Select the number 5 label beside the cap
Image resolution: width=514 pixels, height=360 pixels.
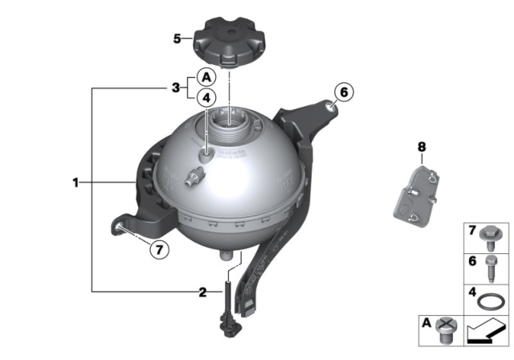177,37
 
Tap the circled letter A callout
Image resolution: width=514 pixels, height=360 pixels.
206,78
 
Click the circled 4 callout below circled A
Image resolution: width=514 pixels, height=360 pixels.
206,98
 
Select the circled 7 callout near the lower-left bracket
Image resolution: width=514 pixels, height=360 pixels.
159,250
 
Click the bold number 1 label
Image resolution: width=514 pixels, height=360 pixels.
75,183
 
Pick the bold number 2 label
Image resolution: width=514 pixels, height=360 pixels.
202,290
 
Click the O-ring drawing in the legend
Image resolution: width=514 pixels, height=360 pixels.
487,302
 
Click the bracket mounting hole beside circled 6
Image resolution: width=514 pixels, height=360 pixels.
332,104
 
